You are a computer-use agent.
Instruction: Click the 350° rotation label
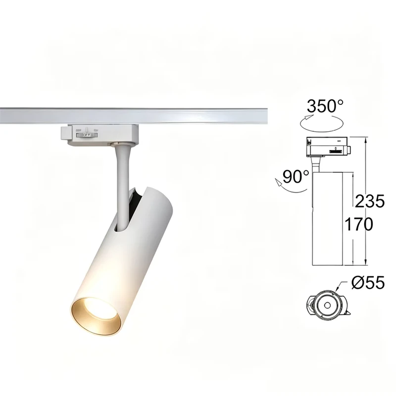tap(325, 106)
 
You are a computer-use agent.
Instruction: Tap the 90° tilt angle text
tap(296, 177)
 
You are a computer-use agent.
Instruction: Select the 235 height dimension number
tap(370, 201)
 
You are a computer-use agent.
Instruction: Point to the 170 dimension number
tap(358, 224)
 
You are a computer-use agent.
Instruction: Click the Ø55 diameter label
tap(368, 282)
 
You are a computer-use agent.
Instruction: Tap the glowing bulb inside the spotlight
tap(97, 307)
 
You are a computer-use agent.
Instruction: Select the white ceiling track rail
tap(134, 116)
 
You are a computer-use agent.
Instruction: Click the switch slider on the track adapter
tap(87, 135)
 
